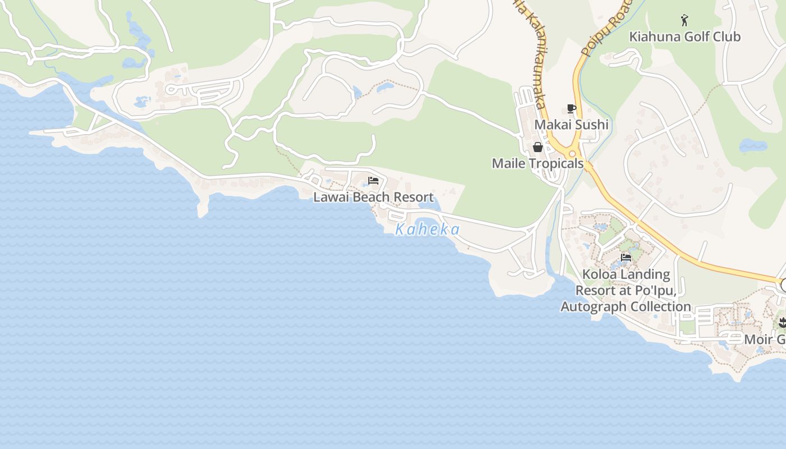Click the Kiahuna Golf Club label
[x=684, y=37]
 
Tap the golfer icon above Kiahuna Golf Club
[x=684, y=21]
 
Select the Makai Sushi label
[x=571, y=125]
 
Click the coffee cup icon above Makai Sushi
[x=572, y=109]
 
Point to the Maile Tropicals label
[x=537, y=163]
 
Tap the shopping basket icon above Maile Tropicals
[x=538, y=147]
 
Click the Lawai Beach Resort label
[x=373, y=197]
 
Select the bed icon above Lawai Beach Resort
[x=373, y=181]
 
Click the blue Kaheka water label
[x=427, y=230]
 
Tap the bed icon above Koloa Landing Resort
[x=626, y=258]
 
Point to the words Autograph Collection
[x=626, y=307]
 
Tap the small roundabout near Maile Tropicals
[x=573, y=153]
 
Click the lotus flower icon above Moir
[x=782, y=323]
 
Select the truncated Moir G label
[x=765, y=340]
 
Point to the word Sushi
[x=591, y=125]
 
